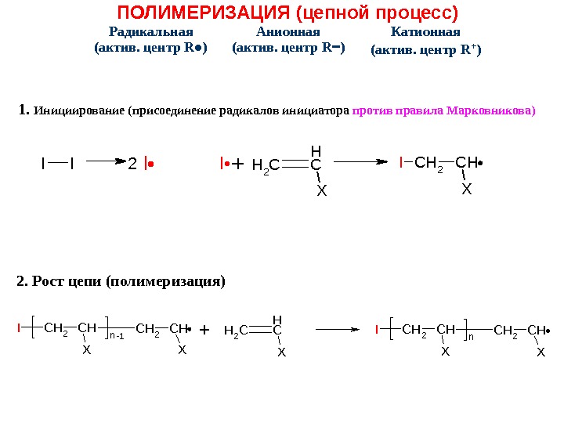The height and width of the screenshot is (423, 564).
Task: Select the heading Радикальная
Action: tap(151, 32)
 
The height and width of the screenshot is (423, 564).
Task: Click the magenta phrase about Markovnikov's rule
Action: tap(445, 110)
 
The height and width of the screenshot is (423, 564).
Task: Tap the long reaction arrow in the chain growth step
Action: tap(327, 330)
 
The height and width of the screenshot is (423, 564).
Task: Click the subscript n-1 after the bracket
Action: tap(117, 335)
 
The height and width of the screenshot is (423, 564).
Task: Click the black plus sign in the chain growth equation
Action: tap(205, 331)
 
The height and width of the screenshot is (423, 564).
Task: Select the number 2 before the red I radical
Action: tap(132, 164)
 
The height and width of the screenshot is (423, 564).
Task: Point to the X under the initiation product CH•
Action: tap(467, 189)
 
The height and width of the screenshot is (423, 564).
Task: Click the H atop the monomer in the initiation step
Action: tap(316, 149)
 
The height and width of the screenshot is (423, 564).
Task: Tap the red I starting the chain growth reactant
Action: tap(19, 329)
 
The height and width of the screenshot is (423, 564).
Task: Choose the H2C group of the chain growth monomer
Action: tap(235, 331)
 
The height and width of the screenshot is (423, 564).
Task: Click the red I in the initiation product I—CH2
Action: tap(401, 163)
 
